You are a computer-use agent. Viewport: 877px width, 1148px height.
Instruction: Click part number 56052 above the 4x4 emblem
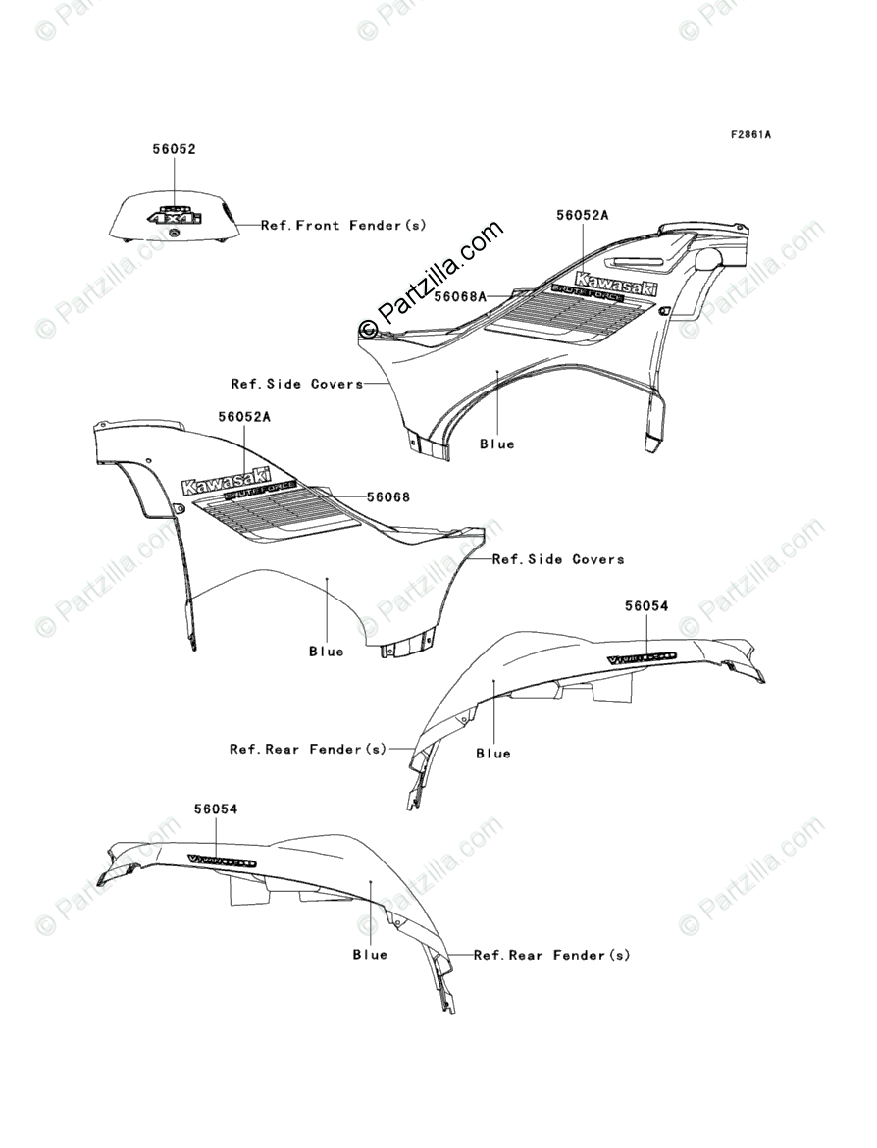point(174,150)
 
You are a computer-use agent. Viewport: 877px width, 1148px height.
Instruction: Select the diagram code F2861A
point(749,134)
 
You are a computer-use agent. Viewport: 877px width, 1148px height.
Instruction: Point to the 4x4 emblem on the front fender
point(174,216)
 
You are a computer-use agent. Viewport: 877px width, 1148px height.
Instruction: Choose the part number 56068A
point(461,295)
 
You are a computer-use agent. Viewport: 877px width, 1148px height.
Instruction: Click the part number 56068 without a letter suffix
point(388,497)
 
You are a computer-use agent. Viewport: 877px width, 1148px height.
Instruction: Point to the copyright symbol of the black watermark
point(369,328)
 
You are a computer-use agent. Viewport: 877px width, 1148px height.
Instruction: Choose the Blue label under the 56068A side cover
point(497,444)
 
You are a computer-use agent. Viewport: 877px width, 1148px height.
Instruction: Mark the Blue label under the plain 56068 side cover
point(327,652)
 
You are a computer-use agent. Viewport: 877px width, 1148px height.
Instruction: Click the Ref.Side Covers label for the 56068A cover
point(297,384)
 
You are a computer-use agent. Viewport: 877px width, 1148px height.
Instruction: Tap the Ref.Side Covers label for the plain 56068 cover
point(558,559)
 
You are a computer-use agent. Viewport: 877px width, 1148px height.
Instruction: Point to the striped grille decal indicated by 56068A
point(574,314)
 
